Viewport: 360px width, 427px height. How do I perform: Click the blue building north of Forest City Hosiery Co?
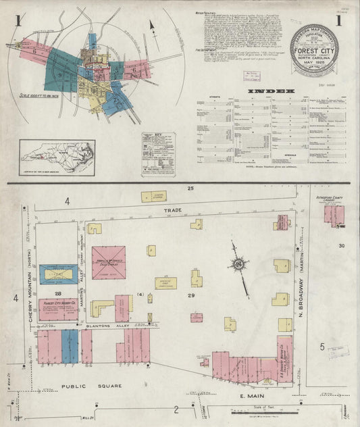(x=58, y=274)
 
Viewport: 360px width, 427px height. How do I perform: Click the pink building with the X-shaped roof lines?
(x=109, y=262)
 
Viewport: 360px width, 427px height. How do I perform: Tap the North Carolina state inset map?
(x=57, y=157)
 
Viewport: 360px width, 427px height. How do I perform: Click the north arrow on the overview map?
(x=153, y=28)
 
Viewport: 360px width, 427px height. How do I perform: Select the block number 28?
(x=58, y=293)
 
